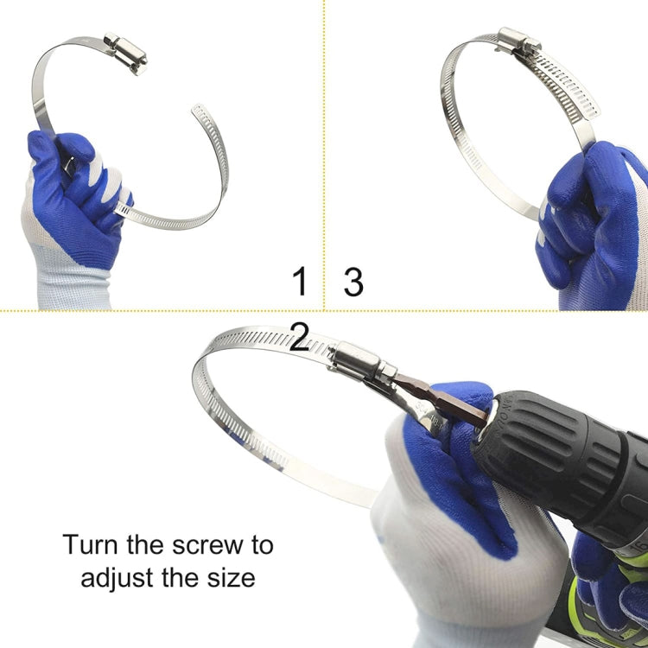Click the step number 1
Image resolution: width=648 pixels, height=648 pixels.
tap(300, 282)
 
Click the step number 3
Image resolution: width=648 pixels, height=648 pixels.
tap(353, 283)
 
